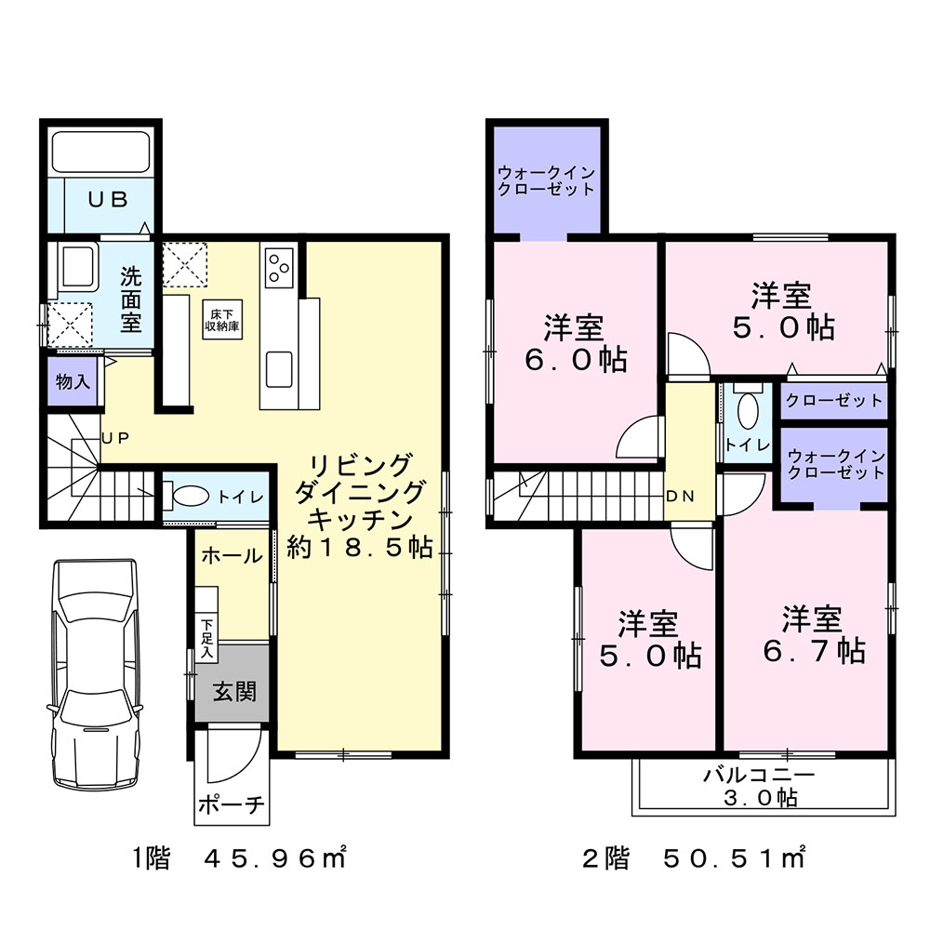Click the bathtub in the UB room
click(x=100, y=152)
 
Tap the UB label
click(x=108, y=200)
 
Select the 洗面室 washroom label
click(x=131, y=299)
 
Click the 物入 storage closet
click(x=73, y=381)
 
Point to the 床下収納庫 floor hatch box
click(x=222, y=320)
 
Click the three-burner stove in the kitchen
click(x=279, y=267)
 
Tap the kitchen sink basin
click(x=279, y=369)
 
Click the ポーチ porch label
click(x=232, y=804)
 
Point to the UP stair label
click(x=115, y=438)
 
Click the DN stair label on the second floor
click(x=681, y=497)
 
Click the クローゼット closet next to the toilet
click(x=834, y=401)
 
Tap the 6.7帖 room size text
click(x=814, y=651)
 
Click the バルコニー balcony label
click(x=760, y=775)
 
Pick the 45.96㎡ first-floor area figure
click(x=275, y=858)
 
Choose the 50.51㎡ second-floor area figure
click(x=734, y=858)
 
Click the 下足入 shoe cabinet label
click(x=206, y=639)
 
